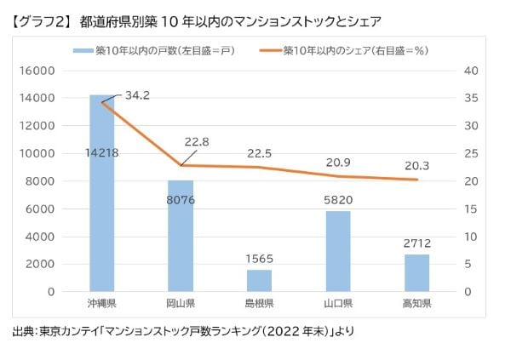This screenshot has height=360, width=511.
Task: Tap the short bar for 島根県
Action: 260,281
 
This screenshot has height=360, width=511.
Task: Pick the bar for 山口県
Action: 338,251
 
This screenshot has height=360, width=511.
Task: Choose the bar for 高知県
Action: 416,272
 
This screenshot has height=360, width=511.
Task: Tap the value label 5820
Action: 338,200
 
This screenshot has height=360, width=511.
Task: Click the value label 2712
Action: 416,244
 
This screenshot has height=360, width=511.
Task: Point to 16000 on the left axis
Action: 38,71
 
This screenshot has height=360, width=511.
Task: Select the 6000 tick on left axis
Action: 42,209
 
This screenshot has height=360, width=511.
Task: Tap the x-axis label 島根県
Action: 260,304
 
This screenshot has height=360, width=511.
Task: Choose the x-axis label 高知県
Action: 416,304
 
